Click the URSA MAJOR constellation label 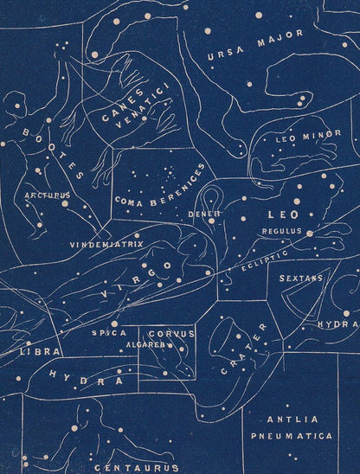coord(256,46)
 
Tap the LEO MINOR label coord(303,138)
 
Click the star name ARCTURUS coord(47,195)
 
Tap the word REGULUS coord(282,232)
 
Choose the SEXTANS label coord(301,279)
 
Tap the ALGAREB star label coord(144,343)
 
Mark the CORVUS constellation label coord(171,333)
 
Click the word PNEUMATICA coord(290,437)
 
